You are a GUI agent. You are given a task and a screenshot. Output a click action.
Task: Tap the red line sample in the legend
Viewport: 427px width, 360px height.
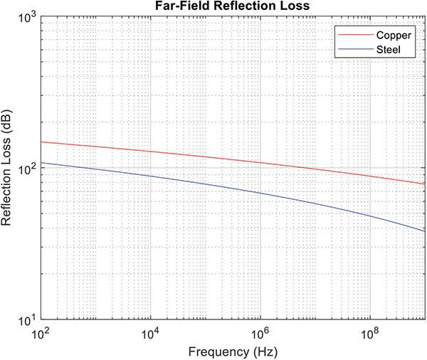tap(352, 34)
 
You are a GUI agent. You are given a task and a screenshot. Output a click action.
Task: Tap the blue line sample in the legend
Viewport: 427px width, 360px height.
tap(352, 49)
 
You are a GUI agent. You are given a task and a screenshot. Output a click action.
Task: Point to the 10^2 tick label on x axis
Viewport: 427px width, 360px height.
tap(41, 333)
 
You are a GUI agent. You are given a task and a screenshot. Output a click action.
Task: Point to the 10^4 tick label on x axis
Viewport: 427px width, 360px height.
tap(151, 333)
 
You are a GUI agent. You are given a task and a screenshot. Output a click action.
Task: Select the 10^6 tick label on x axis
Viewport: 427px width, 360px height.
tap(260, 333)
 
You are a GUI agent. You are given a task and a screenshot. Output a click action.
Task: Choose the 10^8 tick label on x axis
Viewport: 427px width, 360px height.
tap(370, 333)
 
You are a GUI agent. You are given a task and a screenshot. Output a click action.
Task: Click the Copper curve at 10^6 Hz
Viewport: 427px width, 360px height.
tap(260, 163)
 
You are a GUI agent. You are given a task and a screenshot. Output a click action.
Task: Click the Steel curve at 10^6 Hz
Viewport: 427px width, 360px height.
tap(260, 194)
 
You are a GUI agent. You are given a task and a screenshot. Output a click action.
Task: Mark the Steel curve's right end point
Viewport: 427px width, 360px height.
tap(425, 231)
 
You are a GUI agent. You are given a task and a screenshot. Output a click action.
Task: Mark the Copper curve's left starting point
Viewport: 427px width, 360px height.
tap(41, 142)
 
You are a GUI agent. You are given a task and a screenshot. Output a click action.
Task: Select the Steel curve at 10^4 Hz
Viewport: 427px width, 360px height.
tap(151, 176)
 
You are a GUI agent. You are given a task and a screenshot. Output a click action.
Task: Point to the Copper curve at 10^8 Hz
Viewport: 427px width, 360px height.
tap(370, 176)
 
